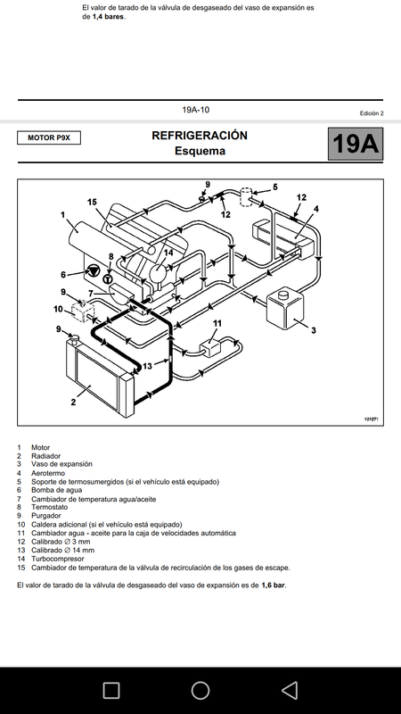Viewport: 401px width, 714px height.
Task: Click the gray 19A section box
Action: tap(355, 144)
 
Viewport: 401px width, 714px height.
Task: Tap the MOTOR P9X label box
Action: tap(49, 137)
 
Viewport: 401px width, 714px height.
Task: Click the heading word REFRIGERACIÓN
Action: tap(200, 136)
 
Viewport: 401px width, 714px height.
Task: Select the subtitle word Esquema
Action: tap(200, 151)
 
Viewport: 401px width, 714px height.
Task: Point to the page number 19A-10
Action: tap(196, 110)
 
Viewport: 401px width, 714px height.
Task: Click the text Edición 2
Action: tap(372, 113)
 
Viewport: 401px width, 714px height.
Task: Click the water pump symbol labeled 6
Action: tap(94, 270)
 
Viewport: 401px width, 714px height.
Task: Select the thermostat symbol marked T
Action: tap(108, 279)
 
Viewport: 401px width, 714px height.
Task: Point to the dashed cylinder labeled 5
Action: tap(246, 196)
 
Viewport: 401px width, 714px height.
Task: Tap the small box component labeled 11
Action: tap(211, 347)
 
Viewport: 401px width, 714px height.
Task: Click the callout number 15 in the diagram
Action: tap(93, 202)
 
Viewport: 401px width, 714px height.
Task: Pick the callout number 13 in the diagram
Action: tap(147, 366)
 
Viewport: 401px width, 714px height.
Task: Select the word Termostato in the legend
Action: tap(50, 507)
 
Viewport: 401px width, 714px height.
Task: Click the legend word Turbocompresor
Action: tap(58, 559)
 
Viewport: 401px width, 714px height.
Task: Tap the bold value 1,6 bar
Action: tap(274, 585)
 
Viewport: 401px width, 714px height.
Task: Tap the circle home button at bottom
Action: tap(200, 690)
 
